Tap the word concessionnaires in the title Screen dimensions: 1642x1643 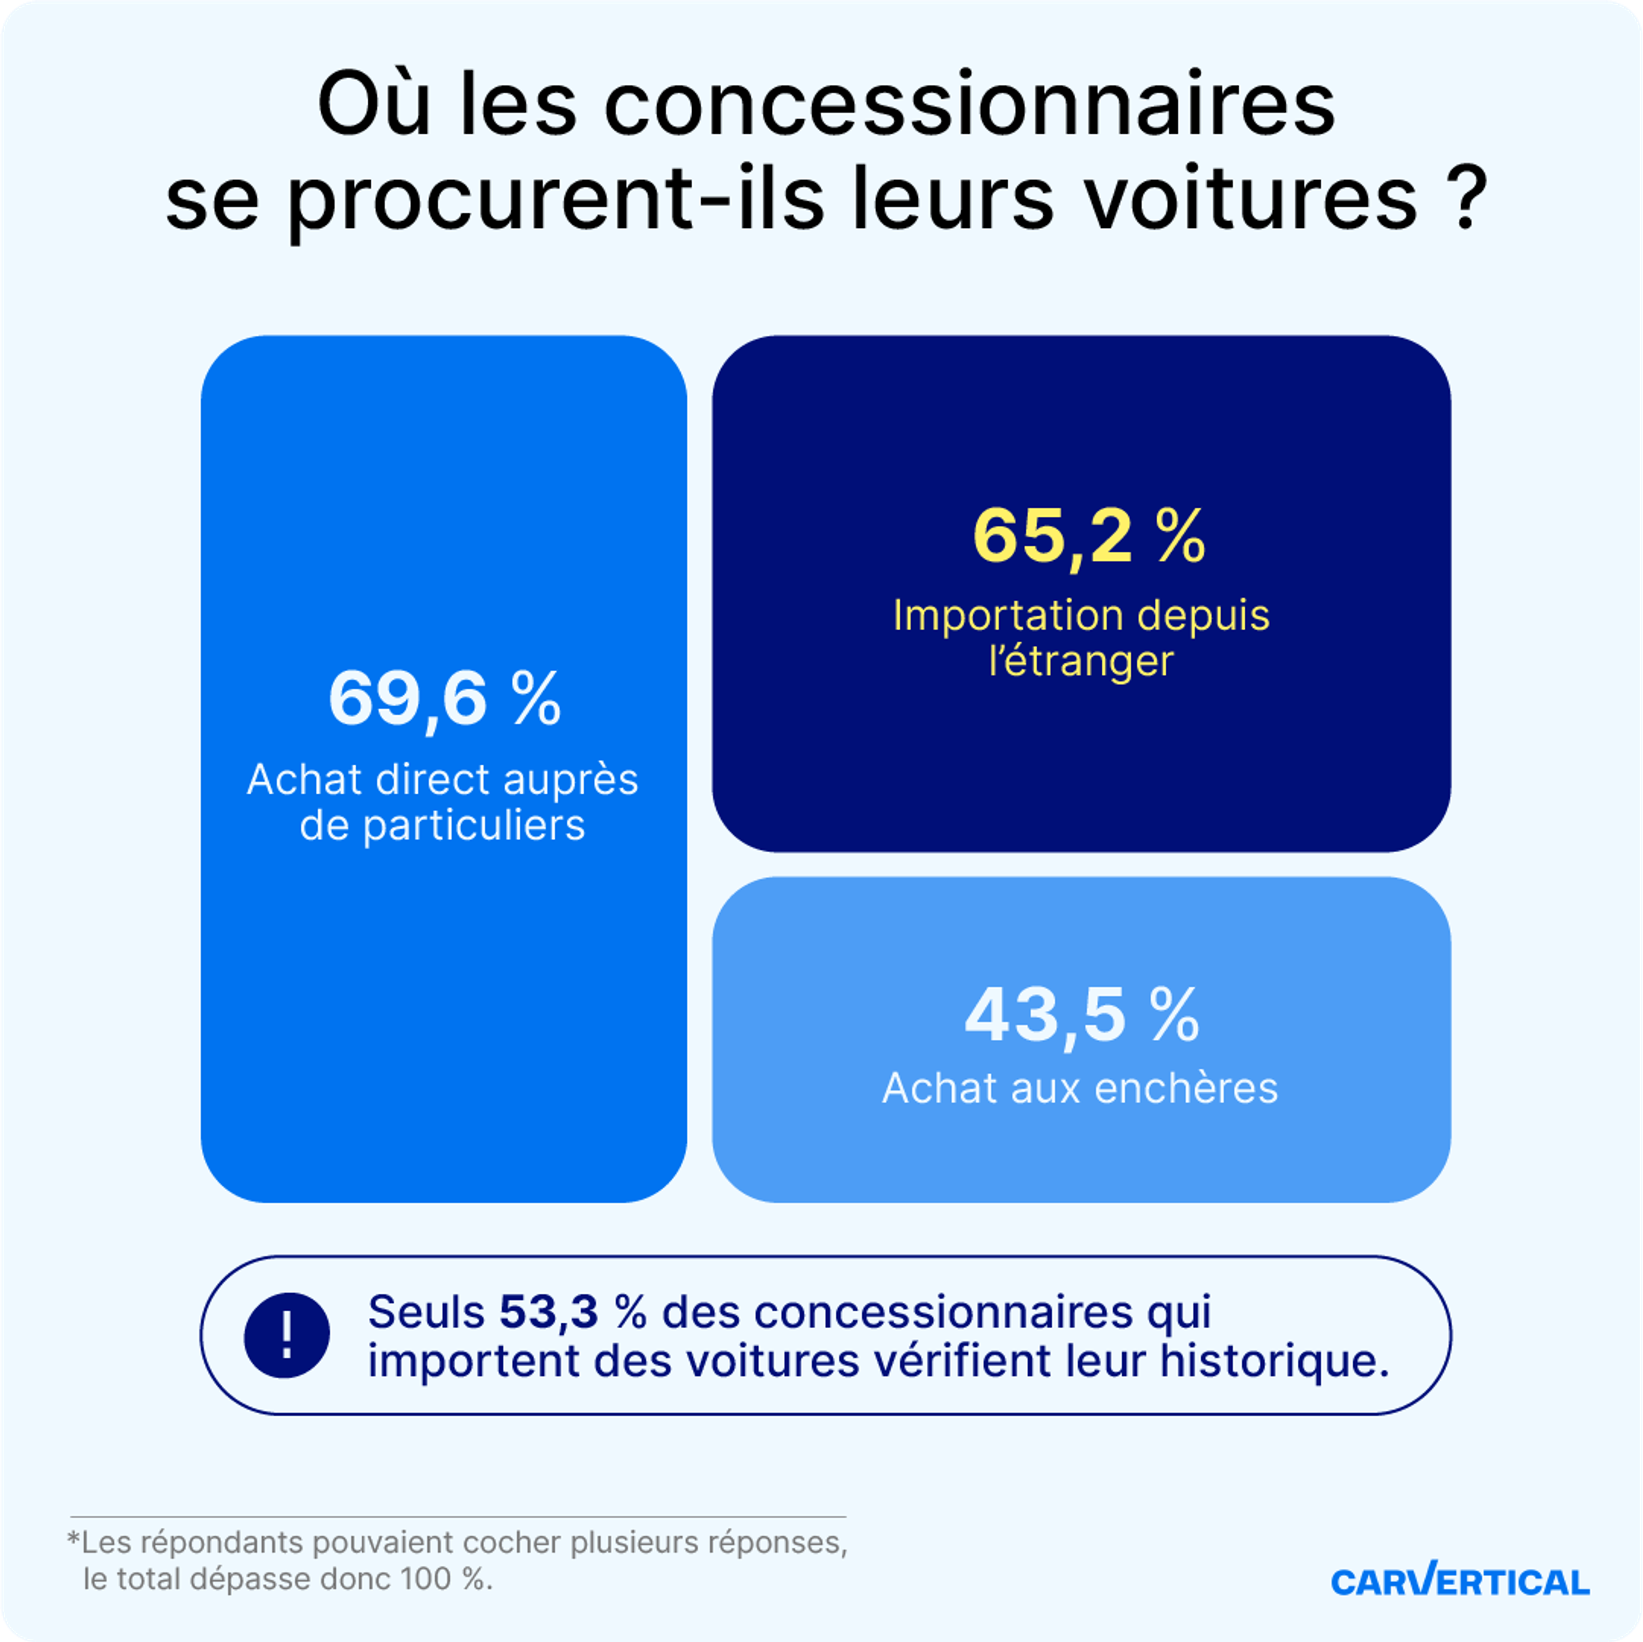click(x=970, y=106)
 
